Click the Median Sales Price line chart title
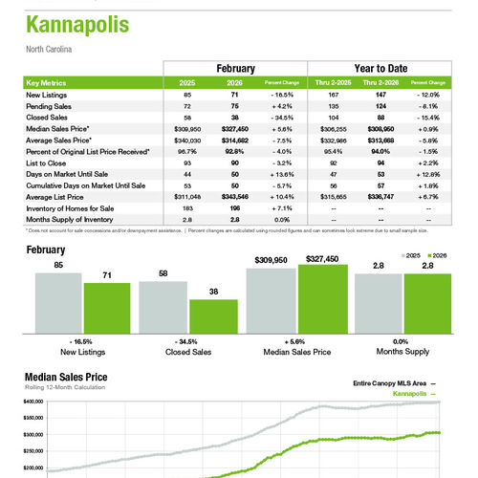(x=66, y=377)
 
